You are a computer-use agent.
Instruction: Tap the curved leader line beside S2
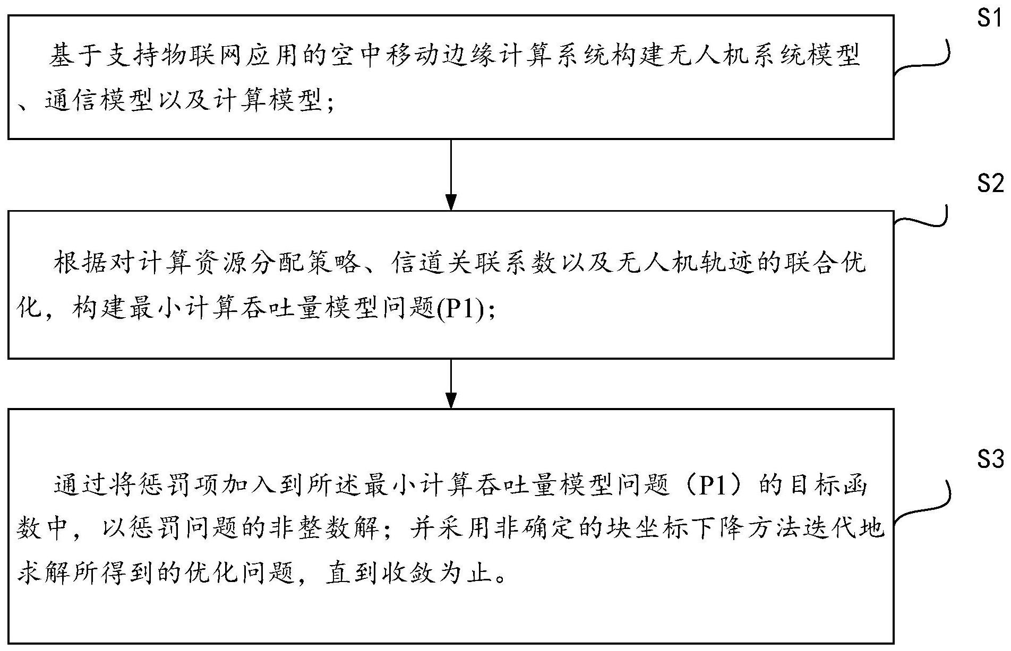coord(922,218)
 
